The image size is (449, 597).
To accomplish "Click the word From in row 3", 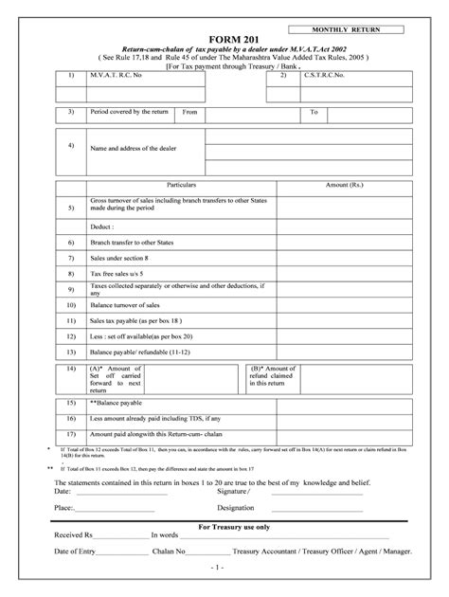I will tap(190, 112).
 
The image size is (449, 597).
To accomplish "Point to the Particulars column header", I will tap(188, 185).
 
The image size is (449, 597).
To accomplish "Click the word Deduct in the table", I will tap(102, 227).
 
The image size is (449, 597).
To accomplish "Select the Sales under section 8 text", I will tap(119, 258).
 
